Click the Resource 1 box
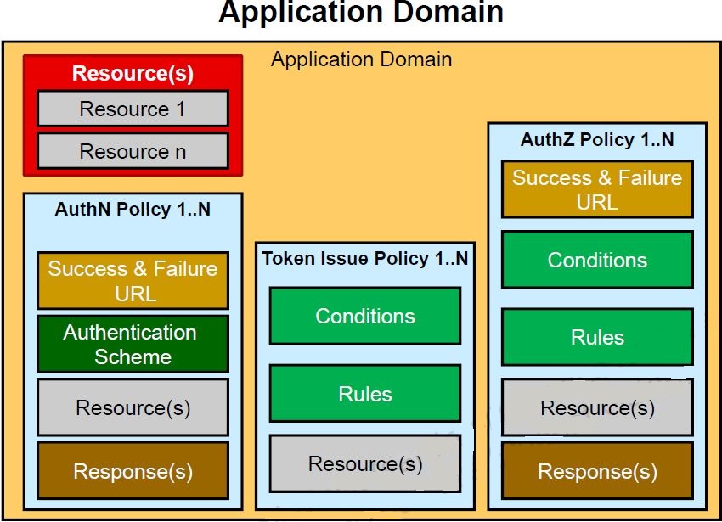click(133, 109)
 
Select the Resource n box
click(133, 151)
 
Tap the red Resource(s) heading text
click(133, 73)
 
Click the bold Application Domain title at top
click(361, 14)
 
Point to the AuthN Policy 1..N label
click(133, 210)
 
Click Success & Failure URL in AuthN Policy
click(133, 281)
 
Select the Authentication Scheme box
click(133, 344)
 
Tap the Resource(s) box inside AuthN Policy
click(133, 407)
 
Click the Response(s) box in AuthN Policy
click(133, 470)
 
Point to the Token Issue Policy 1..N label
click(364, 259)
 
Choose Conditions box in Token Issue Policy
click(364, 316)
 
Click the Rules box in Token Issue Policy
click(364, 394)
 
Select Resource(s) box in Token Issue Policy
click(364, 463)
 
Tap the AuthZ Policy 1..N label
click(597, 140)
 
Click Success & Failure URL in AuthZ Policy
click(597, 190)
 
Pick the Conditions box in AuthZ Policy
click(597, 260)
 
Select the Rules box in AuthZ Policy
click(597, 337)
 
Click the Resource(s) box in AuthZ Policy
click(597, 407)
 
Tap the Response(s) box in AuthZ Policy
click(597, 471)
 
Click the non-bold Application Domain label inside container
click(361, 59)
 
